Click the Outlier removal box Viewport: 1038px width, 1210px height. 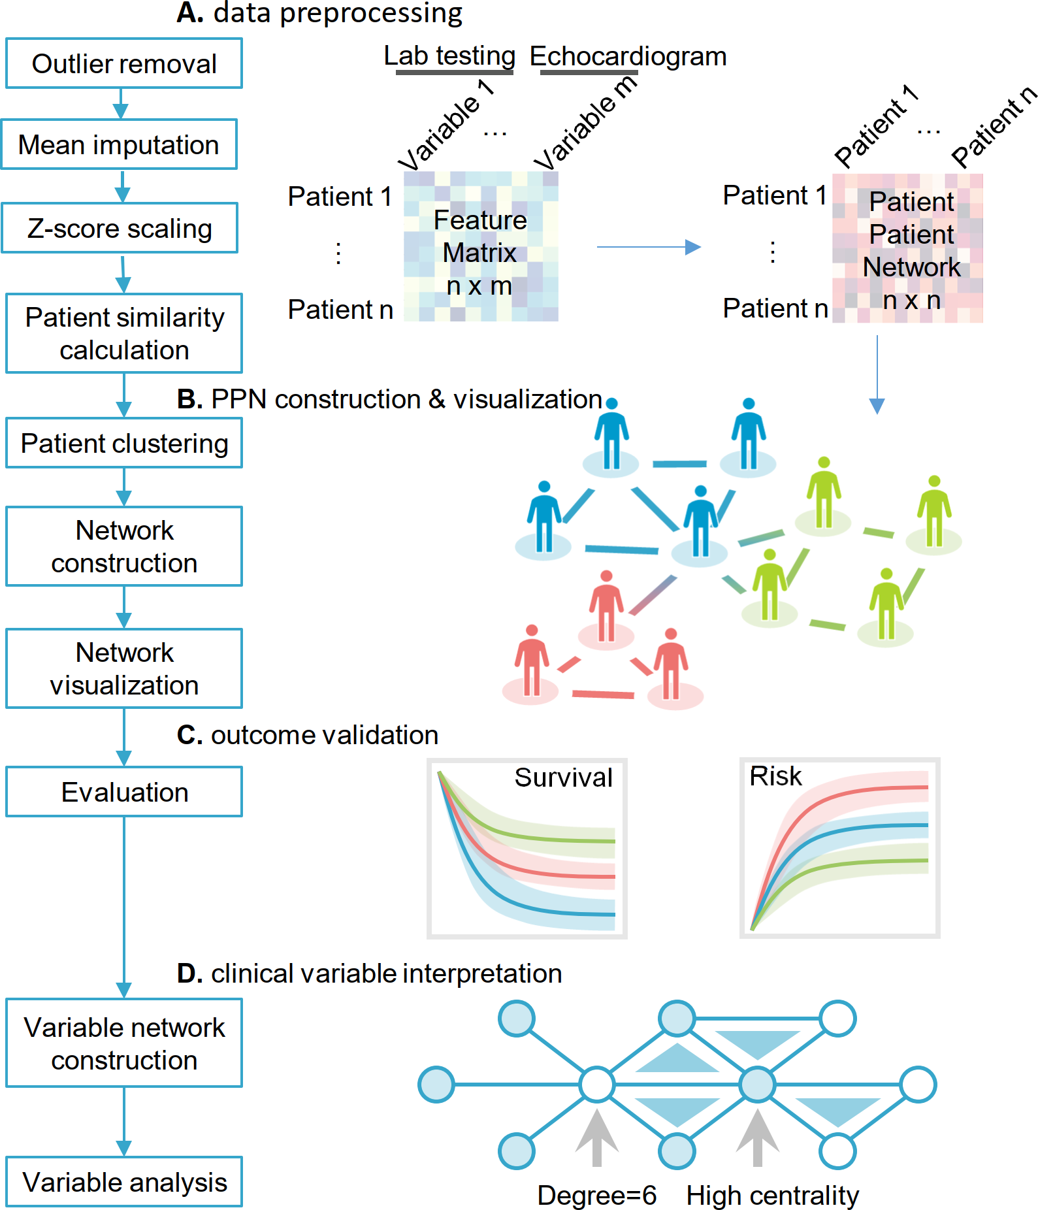point(124,63)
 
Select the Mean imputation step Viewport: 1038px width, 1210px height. point(119,144)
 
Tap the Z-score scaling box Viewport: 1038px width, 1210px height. point(120,228)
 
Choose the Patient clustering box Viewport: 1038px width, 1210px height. point(124,443)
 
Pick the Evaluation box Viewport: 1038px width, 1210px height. point(124,792)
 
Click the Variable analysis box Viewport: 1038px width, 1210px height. point(124,1182)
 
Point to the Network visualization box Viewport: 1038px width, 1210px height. point(124,668)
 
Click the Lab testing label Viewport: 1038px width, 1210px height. point(449,56)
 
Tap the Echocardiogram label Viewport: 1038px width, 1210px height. point(628,56)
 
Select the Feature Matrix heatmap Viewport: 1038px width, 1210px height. point(481,246)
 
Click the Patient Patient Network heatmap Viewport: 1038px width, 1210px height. point(908,248)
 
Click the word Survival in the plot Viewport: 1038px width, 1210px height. point(563,777)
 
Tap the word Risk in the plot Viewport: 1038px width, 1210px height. point(775,776)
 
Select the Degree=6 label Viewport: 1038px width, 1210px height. point(596,1195)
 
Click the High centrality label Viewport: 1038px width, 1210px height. point(772,1195)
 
